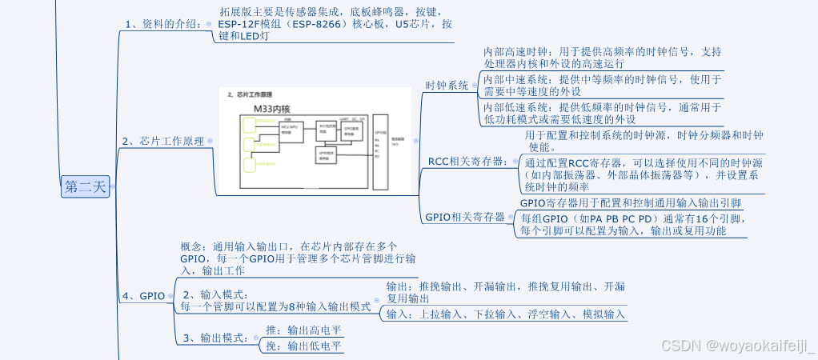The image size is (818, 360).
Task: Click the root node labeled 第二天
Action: (x=84, y=187)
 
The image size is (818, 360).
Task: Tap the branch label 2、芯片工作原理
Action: (x=162, y=141)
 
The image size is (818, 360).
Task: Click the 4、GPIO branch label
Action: (x=146, y=296)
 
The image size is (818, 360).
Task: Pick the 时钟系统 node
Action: (x=447, y=86)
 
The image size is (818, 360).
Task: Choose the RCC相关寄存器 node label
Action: (x=467, y=162)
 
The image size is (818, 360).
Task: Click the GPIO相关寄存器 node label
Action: (x=465, y=217)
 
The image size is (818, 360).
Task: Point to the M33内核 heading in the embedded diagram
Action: (x=271, y=108)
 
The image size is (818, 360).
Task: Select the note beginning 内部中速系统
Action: (x=603, y=86)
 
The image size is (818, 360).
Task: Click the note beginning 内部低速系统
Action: (x=603, y=113)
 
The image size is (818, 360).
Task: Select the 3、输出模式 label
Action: (x=215, y=338)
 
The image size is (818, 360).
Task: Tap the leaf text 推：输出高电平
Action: (x=303, y=330)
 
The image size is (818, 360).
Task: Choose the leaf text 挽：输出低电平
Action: (x=303, y=346)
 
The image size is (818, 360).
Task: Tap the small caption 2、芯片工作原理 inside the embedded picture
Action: (x=250, y=94)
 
